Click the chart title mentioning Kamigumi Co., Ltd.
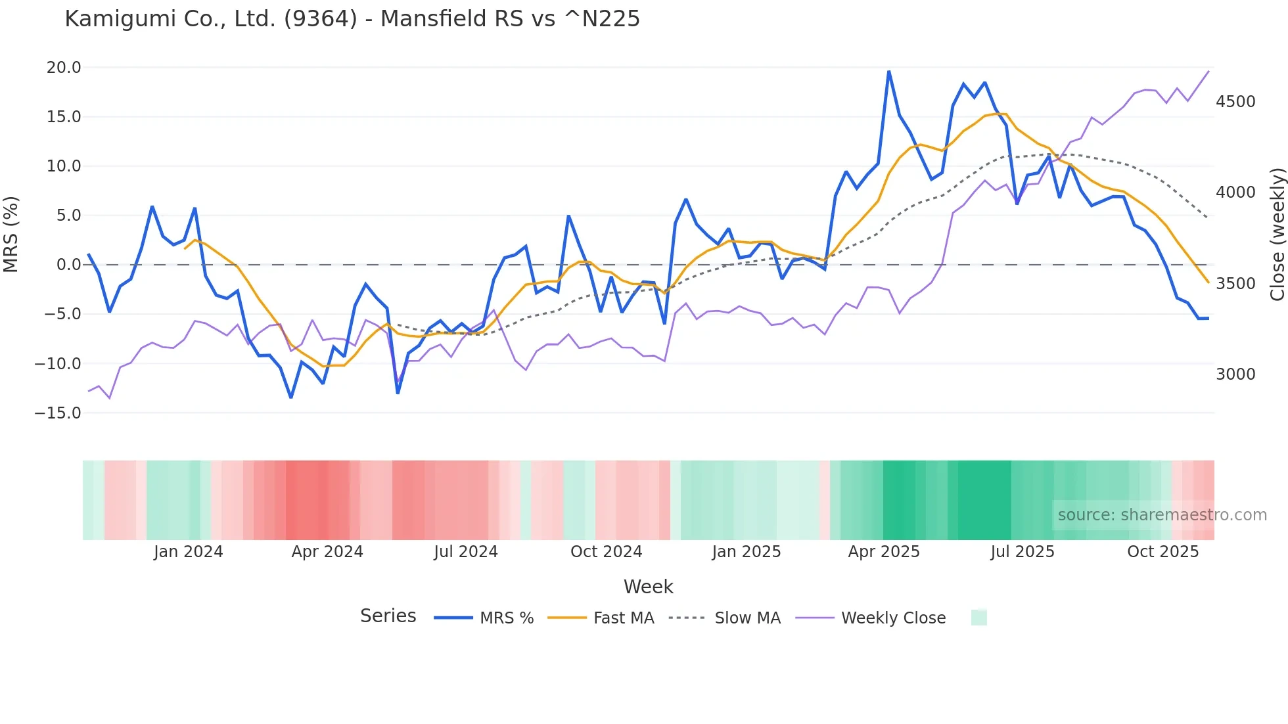click(352, 19)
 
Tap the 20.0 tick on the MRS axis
click(64, 68)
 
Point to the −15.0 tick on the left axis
click(58, 413)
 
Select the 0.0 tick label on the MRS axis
click(68, 265)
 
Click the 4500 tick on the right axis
click(1235, 102)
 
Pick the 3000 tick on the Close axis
click(1235, 374)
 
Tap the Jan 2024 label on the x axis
click(189, 552)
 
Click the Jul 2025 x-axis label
click(1023, 552)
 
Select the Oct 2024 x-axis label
click(606, 552)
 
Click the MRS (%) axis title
click(11, 235)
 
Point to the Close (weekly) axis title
click(1277, 235)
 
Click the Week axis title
click(648, 587)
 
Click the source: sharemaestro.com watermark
click(1162, 515)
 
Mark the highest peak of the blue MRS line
click(889, 71)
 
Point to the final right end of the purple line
click(1208, 71)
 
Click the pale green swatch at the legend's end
click(978, 618)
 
